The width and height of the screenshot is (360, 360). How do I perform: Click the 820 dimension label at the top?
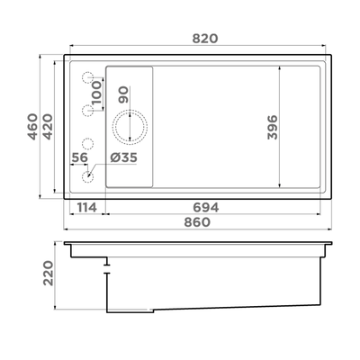[205, 39]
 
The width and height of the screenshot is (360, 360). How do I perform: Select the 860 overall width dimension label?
[197, 222]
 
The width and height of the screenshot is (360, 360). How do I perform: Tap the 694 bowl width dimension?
[206, 207]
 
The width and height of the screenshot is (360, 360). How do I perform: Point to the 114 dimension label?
[87, 207]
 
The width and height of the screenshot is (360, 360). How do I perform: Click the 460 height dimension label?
[32, 127]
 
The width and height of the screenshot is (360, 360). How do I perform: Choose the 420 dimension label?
[48, 127]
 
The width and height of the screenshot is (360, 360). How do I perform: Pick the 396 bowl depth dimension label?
[273, 127]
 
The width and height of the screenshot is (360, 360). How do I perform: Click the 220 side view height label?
[48, 273]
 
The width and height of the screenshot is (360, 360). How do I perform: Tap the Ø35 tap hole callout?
[123, 157]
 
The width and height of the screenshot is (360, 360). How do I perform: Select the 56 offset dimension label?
[79, 157]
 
